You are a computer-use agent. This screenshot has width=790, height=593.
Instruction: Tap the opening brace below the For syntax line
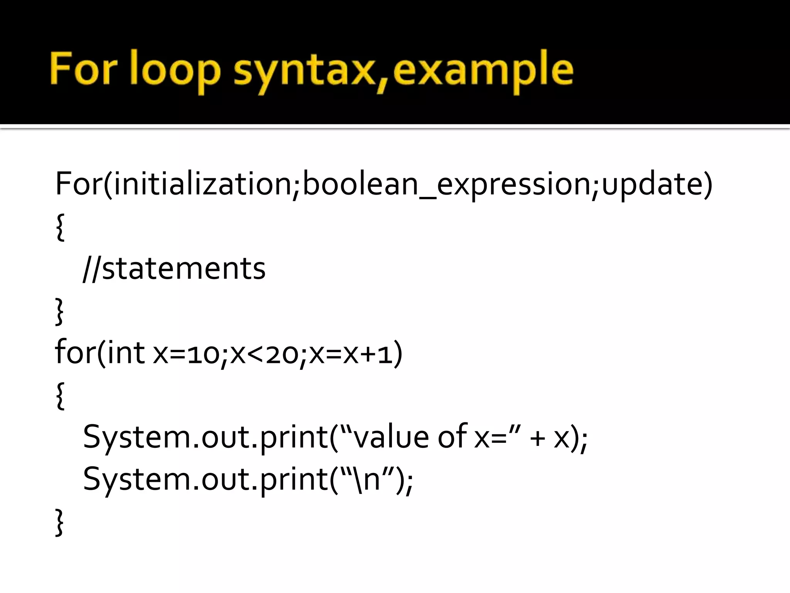click(60, 227)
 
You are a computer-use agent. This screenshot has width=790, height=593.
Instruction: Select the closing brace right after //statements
click(60, 311)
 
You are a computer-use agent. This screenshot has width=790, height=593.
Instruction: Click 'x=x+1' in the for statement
click(351, 354)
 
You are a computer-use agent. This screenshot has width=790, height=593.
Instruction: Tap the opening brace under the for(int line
click(60, 396)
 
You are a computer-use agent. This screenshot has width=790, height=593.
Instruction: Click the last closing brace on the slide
click(60, 522)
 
